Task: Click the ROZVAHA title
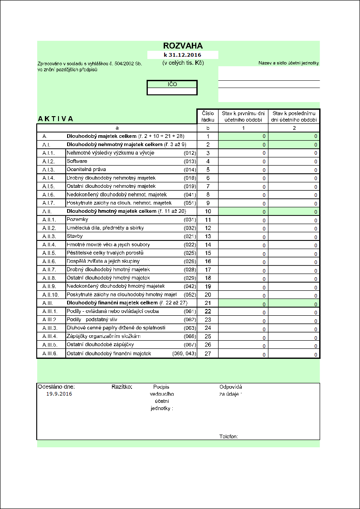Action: point(183,46)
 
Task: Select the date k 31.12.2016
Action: point(183,55)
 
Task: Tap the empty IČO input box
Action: point(172,91)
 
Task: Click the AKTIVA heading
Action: point(56,119)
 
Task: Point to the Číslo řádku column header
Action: point(208,116)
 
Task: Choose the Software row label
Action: point(77,161)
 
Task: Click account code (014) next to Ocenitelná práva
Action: point(190,169)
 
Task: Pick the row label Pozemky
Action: point(77,220)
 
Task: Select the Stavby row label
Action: point(75,236)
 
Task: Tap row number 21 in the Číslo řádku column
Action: point(208,303)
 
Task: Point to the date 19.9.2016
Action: point(59,394)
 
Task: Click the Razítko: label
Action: point(122,387)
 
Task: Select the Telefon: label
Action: point(229,437)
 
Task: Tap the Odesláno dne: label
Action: point(56,387)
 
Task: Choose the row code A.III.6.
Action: point(50,353)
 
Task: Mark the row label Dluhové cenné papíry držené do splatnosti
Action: point(116,328)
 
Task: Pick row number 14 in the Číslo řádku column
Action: point(208,245)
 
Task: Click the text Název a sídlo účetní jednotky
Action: point(289,63)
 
